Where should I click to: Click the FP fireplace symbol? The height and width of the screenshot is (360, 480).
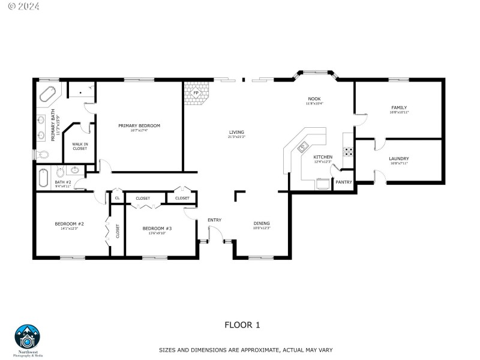[x=196, y=94]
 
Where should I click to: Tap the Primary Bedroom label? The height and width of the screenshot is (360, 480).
[x=139, y=126]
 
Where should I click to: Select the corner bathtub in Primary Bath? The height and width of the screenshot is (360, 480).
[x=47, y=95]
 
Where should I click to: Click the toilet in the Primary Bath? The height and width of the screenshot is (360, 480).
[x=42, y=155]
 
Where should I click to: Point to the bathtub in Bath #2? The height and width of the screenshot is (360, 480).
[x=43, y=178]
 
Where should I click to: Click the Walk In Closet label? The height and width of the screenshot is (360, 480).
[x=80, y=146]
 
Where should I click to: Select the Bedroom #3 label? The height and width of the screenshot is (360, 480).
[x=157, y=229]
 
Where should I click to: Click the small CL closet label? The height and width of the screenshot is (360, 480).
[x=117, y=198]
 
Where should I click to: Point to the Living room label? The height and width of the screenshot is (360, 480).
[x=236, y=133]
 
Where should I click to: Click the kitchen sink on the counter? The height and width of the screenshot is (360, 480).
[x=303, y=146]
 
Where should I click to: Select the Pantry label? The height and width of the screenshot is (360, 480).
[x=343, y=182]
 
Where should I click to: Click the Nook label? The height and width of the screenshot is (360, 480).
[x=314, y=99]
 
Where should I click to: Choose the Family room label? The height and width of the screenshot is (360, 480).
[x=399, y=108]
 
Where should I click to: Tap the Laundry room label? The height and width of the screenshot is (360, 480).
[x=399, y=159]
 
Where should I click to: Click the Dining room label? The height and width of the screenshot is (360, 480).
[x=262, y=224]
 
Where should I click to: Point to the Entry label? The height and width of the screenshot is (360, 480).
[x=214, y=220]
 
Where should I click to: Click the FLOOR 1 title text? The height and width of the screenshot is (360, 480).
[x=242, y=325]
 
